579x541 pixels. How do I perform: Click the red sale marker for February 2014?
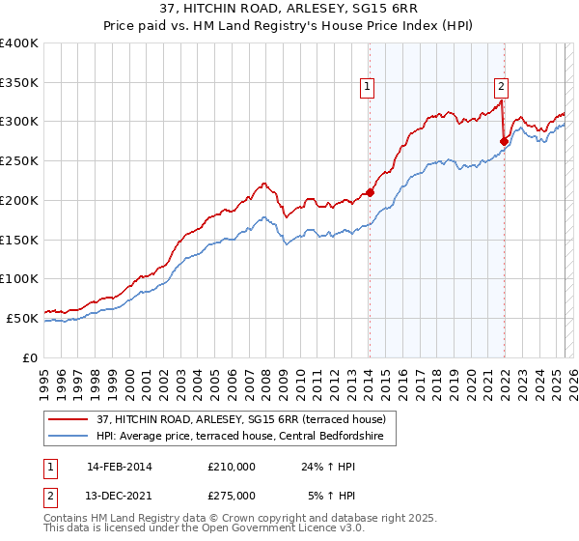pyautogui.click(x=370, y=191)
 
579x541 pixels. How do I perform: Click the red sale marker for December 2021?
pyautogui.click(x=504, y=141)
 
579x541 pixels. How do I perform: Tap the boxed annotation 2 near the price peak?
pyautogui.click(x=502, y=86)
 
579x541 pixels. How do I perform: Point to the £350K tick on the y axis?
pyautogui.click(x=18, y=83)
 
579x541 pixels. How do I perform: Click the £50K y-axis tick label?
pyautogui.click(x=22, y=318)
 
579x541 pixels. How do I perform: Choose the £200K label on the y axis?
pyautogui.click(x=18, y=200)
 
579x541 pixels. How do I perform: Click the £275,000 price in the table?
pyautogui.click(x=231, y=496)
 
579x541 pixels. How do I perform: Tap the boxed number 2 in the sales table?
pyautogui.click(x=50, y=496)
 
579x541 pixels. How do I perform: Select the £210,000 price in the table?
pyautogui.click(x=231, y=467)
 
